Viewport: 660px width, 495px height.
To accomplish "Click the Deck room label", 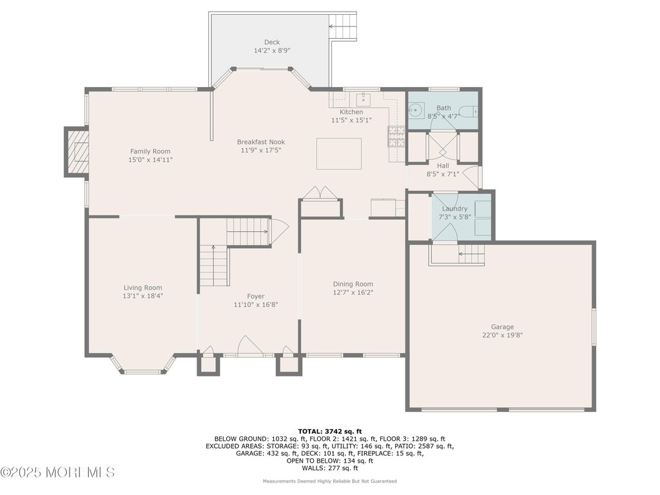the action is pyautogui.click(x=272, y=42).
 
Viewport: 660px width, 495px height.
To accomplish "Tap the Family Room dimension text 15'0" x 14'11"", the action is pyautogui.click(x=150, y=160).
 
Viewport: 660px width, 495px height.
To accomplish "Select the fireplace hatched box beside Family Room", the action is pyautogui.click(x=77, y=151).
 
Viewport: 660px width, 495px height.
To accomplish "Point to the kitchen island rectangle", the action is pyautogui.click(x=339, y=153).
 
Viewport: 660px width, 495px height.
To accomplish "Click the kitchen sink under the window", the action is pyautogui.click(x=364, y=100).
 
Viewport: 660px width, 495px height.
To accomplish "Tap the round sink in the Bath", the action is pyautogui.click(x=416, y=110).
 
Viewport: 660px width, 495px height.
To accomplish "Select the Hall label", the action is pyautogui.click(x=443, y=166).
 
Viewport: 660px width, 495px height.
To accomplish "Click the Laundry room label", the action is pyautogui.click(x=454, y=209).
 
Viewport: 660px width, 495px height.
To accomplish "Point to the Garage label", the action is pyautogui.click(x=503, y=327).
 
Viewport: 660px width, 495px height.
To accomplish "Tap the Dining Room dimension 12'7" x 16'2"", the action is pyautogui.click(x=353, y=293).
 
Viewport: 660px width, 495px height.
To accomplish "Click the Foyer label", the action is pyautogui.click(x=255, y=296).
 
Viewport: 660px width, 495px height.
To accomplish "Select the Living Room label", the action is pyautogui.click(x=142, y=288).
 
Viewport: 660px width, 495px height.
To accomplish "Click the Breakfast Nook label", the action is pyautogui.click(x=261, y=142).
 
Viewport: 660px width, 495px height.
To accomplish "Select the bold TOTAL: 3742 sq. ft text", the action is pyautogui.click(x=329, y=431).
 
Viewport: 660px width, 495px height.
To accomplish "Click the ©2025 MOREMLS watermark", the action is pyautogui.click(x=57, y=472).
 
